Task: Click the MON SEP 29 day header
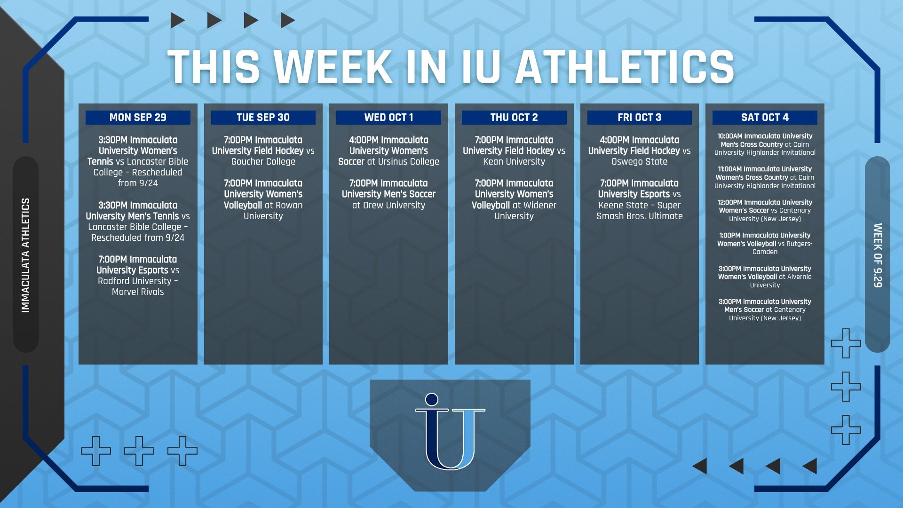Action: click(138, 118)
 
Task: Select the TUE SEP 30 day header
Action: click(263, 118)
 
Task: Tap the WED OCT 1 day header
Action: click(388, 118)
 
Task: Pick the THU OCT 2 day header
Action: click(514, 118)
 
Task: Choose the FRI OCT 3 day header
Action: click(640, 118)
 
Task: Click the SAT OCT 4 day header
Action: click(765, 118)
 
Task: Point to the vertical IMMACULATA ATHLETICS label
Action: click(25, 255)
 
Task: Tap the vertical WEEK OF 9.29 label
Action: click(878, 255)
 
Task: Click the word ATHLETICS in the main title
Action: click(625, 67)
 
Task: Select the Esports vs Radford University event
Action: click(138, 276)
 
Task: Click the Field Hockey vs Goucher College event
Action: click(263, 151)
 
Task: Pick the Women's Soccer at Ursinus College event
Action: click(388, 151)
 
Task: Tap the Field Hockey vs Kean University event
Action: click(514, 151)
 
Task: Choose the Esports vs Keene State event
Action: click(640, 199)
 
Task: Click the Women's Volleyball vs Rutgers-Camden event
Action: click(765, 244)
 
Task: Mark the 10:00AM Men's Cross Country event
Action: click(765, 144)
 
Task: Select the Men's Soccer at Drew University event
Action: click(388, 194)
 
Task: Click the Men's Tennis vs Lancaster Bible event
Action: click(138, 222)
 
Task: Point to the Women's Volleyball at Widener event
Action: click(514, 199)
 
